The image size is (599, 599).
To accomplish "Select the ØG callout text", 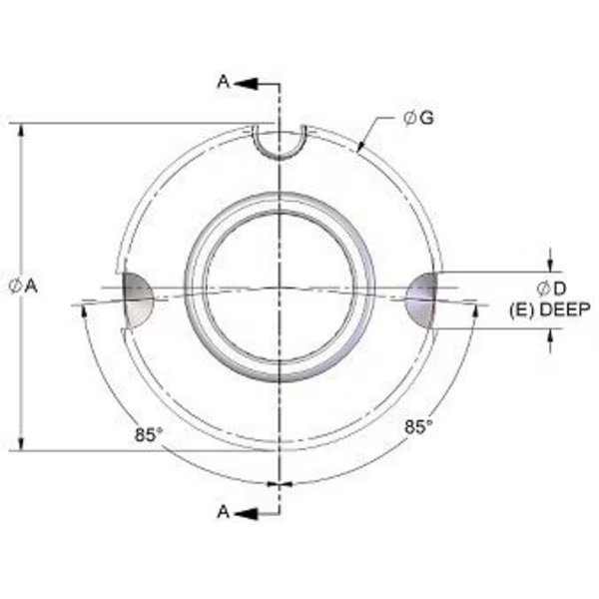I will click(x=417, y=119).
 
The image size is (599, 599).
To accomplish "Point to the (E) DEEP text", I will click(x=549, y=309).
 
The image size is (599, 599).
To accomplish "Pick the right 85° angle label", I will click(x=419, y=426).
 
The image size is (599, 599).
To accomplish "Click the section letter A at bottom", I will click(x=225, y=512).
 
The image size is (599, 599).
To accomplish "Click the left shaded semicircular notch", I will click(x=137, y=298).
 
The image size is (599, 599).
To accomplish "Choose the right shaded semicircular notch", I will click(x=422, y=298).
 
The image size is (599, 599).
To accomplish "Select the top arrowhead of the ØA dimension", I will click(x=22, y=130).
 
